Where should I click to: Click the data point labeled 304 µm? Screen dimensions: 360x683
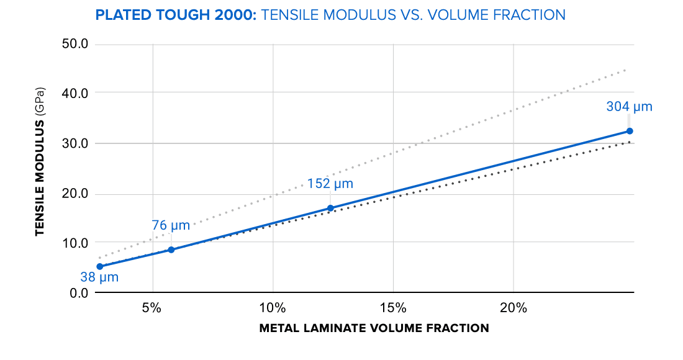tap(629, 131)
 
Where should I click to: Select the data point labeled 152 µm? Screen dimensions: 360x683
tap(330, 208)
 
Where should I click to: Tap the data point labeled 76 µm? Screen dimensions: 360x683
tap(171, 250)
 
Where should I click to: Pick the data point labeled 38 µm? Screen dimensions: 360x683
tap(99, 266)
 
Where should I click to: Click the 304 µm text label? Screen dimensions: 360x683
tap(629, 107)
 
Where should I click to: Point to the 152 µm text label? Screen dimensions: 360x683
tap(330, 184)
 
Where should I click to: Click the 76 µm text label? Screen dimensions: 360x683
tap(171, 225)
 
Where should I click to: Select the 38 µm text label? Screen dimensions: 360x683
tap(99, 277)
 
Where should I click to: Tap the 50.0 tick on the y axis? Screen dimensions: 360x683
tap(76, 44)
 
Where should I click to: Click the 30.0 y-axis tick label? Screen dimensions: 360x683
tap(76, 143)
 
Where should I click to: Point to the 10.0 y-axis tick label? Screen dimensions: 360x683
tap(76, 243)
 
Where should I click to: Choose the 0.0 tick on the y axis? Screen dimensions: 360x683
tap(79, 292)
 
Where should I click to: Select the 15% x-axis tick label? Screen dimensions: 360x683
tap(392, 308)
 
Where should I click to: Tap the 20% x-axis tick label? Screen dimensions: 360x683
tap(513, 308)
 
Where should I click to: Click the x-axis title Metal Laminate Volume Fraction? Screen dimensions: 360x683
tap(374, 328)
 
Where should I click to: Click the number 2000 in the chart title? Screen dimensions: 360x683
tap(233, 14)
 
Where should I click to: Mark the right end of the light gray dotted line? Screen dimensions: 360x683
tap(628, 70)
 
